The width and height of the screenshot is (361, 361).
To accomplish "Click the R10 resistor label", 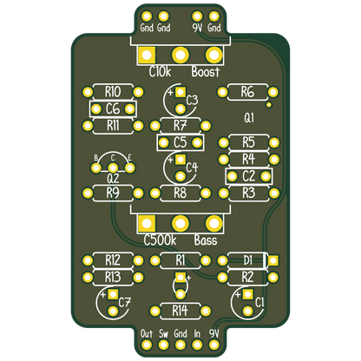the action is tap(113, 92).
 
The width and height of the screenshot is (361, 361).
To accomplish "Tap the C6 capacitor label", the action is tap(113, 109).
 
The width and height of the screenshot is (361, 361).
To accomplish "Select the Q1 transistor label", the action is tap(249, 118).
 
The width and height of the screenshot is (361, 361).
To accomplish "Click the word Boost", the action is tap(206, 71).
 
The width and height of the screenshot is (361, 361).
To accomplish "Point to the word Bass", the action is tap(206, 240).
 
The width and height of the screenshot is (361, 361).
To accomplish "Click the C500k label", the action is tap(160, 240).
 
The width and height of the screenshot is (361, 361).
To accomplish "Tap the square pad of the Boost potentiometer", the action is tap(147, 55).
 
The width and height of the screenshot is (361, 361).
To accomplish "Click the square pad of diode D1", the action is tap(273, 260).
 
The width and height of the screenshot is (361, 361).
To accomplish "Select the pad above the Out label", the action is tap(147, 345).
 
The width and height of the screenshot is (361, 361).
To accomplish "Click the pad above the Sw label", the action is tap(163, 345).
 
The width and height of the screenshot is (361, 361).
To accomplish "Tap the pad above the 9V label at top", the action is tap(197, 16).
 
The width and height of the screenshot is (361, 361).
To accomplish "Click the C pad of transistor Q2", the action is tap(113, 167).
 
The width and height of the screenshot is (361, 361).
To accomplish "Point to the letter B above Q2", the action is tap(96, 158).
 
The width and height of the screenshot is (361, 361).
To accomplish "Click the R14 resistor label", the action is tap(180, 311).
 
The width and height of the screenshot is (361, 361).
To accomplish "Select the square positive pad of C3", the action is tap(180, 92).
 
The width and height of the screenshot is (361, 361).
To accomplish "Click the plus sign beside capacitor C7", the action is tap(102, 295).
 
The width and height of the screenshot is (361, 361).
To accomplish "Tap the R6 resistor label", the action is tap(247, 92).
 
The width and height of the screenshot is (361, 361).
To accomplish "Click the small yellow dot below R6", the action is tap(269, 105).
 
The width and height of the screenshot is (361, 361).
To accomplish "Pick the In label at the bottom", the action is tap(197, 333).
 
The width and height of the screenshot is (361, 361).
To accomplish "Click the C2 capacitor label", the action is tap(248, 176).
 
